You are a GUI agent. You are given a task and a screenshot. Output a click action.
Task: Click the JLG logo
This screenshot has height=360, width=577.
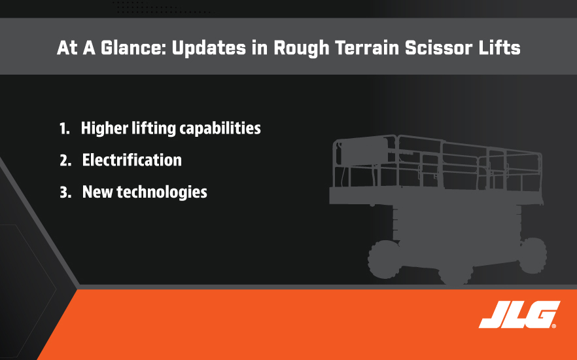[x=519, y=314]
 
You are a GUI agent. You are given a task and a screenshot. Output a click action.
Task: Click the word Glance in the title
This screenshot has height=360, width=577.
[x=131, y=48]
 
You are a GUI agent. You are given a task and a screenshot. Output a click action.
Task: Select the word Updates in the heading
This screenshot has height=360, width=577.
[x=209, y=48]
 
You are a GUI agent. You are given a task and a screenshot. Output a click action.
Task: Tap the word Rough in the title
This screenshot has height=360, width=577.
[x=302, y=48]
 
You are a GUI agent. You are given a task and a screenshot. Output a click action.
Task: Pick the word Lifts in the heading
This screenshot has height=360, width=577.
[x=499, y=48]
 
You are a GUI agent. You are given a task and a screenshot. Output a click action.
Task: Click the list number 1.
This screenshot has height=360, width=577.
[x=64, y=128]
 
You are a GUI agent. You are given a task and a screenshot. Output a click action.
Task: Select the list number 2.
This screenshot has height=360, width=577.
[x=65, y=160]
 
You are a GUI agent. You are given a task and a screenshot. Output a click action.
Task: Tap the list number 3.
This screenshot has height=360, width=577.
[x=65, y=192]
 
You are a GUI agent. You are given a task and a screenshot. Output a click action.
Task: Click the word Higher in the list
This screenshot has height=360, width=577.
[x=105, y=129]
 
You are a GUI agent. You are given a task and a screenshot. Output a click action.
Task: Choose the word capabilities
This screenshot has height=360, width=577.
[x=220, y=129]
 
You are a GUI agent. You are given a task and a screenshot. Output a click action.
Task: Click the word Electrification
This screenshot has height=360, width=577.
[x=131, y=160]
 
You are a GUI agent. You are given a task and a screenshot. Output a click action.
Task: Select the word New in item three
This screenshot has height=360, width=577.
[x=97, y=192]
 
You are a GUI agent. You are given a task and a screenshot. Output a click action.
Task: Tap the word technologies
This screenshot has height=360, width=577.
[x=162, y=192]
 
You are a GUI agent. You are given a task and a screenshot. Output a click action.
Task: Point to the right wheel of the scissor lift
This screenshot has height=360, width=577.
[x=533, y=255]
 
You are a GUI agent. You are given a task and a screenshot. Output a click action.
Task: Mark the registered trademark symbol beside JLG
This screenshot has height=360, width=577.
[x=554, y=326]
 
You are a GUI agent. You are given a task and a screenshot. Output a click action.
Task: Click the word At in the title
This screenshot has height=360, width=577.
[x=67, y=48]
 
